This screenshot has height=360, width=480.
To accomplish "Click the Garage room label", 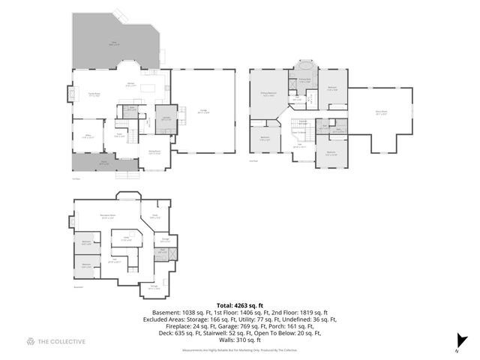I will [x=202, y=111].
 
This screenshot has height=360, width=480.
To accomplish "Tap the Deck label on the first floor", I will [x=113, y=43].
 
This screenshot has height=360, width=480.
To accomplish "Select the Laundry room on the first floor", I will [x=164, y=118].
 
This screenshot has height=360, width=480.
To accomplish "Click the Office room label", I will [x=87, y=136].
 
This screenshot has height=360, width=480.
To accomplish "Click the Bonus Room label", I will [x=381, y=113].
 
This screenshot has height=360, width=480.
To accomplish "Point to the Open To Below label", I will [x=299, y=132].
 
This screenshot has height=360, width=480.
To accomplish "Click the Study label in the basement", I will [x=156, y=216].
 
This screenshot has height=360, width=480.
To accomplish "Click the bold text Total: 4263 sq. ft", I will [x=240, y=306].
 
